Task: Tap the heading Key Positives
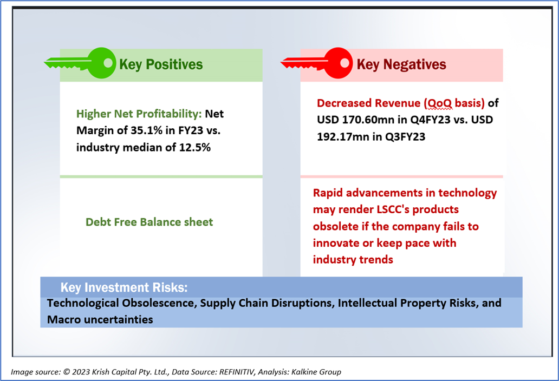(161, 64)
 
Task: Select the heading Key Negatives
(401, 64)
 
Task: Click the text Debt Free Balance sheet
(149, 222)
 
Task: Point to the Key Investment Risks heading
(124, 287)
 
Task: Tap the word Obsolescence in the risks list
(159, 303)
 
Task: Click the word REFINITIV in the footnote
(237, 372)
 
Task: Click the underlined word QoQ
(440, 103)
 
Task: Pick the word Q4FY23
(430, 120)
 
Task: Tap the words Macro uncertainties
(100, 320)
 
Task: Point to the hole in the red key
(344, 63)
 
